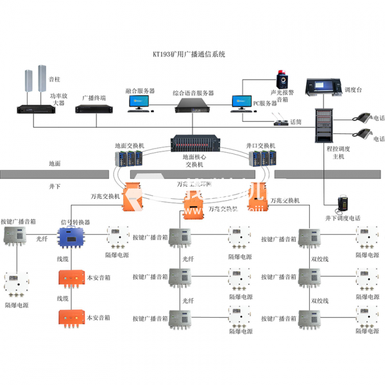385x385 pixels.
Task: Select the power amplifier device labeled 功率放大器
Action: [33, 107]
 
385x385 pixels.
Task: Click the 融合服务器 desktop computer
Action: [139, 103]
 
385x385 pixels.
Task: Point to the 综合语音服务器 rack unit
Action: [193, 103]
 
